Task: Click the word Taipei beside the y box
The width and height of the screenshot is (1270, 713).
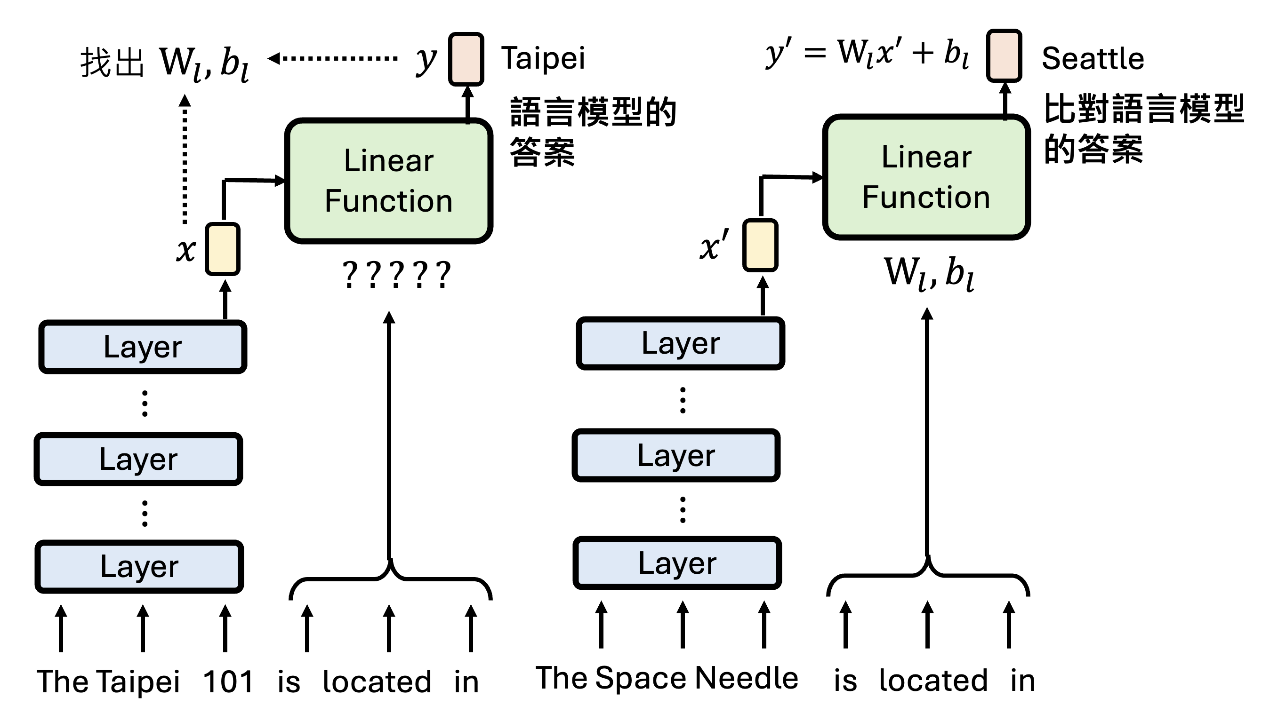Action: pyautogui.click(x=543, y=59)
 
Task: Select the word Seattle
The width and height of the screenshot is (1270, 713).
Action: pyautogui.click(x=1093, y=59)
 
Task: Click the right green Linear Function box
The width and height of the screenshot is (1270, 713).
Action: pyautogui.click(x=926, y=177)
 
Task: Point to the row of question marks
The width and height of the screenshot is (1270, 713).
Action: pyautogui.click(x=396, y=275)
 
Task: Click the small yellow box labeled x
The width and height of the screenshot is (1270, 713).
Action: pyautogui.click(x=223, y=249)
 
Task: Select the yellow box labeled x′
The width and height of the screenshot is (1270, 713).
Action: pyautogui.click(x=760, y=246)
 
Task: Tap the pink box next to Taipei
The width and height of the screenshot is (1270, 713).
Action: pyautogui.click(x=466, y=59)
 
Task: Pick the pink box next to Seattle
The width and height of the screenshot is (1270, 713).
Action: pyautogui.click(x=1004, y=55)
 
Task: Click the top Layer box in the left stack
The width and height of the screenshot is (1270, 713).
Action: pyautogui.click(x=143, y=347)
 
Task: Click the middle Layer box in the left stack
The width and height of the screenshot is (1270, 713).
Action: pyautogui.click(x=138, y=459)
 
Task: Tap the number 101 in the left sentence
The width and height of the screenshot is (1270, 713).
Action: pyautogui.click(x=228, y=682)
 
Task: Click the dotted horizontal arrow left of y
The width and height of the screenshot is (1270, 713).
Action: pyautogui.click(x=333, y=58)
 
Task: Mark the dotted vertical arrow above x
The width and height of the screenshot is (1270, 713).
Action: pyautogui.click(x=185, y=160)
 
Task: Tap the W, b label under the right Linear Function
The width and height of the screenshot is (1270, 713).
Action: pyautogui.click(x=929, y=273)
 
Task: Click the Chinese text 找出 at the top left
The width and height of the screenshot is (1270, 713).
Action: pyautogui.click(x=112, y=63)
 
